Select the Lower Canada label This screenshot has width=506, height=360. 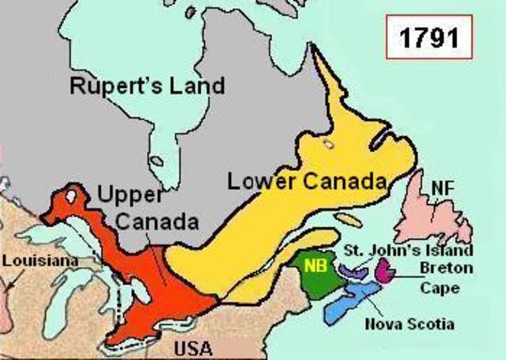[307, 180]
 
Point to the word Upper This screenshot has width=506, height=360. [127, 192]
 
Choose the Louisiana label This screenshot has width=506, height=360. [29, 260]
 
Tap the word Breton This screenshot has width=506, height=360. [447, 269]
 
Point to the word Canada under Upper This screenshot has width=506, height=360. [156, 222]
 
